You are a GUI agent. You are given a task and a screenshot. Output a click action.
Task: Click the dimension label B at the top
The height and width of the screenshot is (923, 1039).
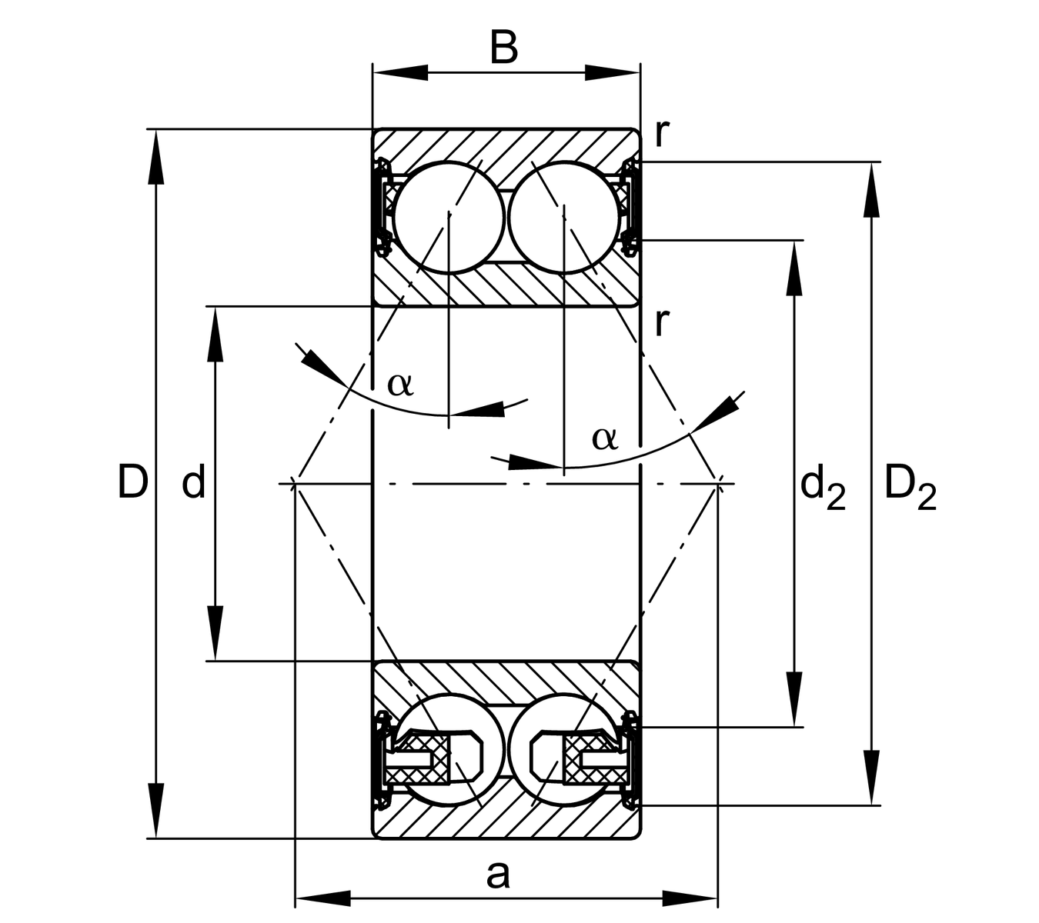(x=504, y=48)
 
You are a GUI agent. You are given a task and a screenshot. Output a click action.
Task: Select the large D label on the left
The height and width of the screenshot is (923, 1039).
(x=132, y=482)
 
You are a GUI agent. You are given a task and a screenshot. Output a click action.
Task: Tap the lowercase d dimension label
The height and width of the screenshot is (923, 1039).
(x=193, y=482)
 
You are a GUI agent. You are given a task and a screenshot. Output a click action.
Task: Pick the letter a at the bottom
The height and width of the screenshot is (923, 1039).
(x=498, y=875)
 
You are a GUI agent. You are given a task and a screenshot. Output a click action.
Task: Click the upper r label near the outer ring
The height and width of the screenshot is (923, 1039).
(x=661, y=134)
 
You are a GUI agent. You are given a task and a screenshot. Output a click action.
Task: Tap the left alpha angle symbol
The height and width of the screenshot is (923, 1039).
(x=400, y=383)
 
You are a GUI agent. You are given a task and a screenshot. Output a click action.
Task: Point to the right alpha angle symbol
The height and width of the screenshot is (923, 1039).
(x=605, y=438)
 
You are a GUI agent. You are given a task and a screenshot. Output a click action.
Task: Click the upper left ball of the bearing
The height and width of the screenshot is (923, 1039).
(x=448, y=217)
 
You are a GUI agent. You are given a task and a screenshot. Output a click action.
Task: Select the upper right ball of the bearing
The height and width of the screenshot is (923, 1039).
(x=564, y=217)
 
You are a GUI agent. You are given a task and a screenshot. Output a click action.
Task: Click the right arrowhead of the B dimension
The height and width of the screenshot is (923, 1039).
(x=613, y=73)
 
